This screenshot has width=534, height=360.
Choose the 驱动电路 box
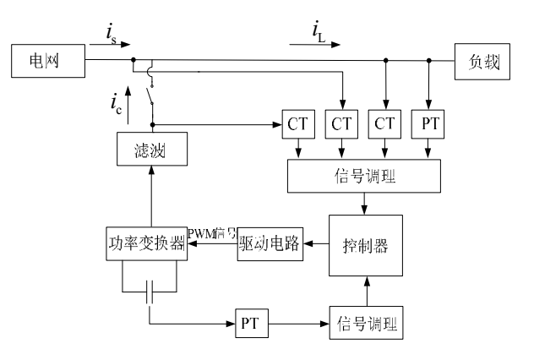point(268,243)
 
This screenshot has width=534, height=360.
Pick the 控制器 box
point(365,245)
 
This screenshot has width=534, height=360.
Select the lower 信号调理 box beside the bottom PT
point(365,324)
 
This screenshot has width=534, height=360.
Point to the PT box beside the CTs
point(429,124)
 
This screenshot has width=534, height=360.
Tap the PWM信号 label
point(211,234)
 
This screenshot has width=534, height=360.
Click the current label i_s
point(112,35)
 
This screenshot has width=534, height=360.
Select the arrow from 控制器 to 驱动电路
point(315,244)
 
